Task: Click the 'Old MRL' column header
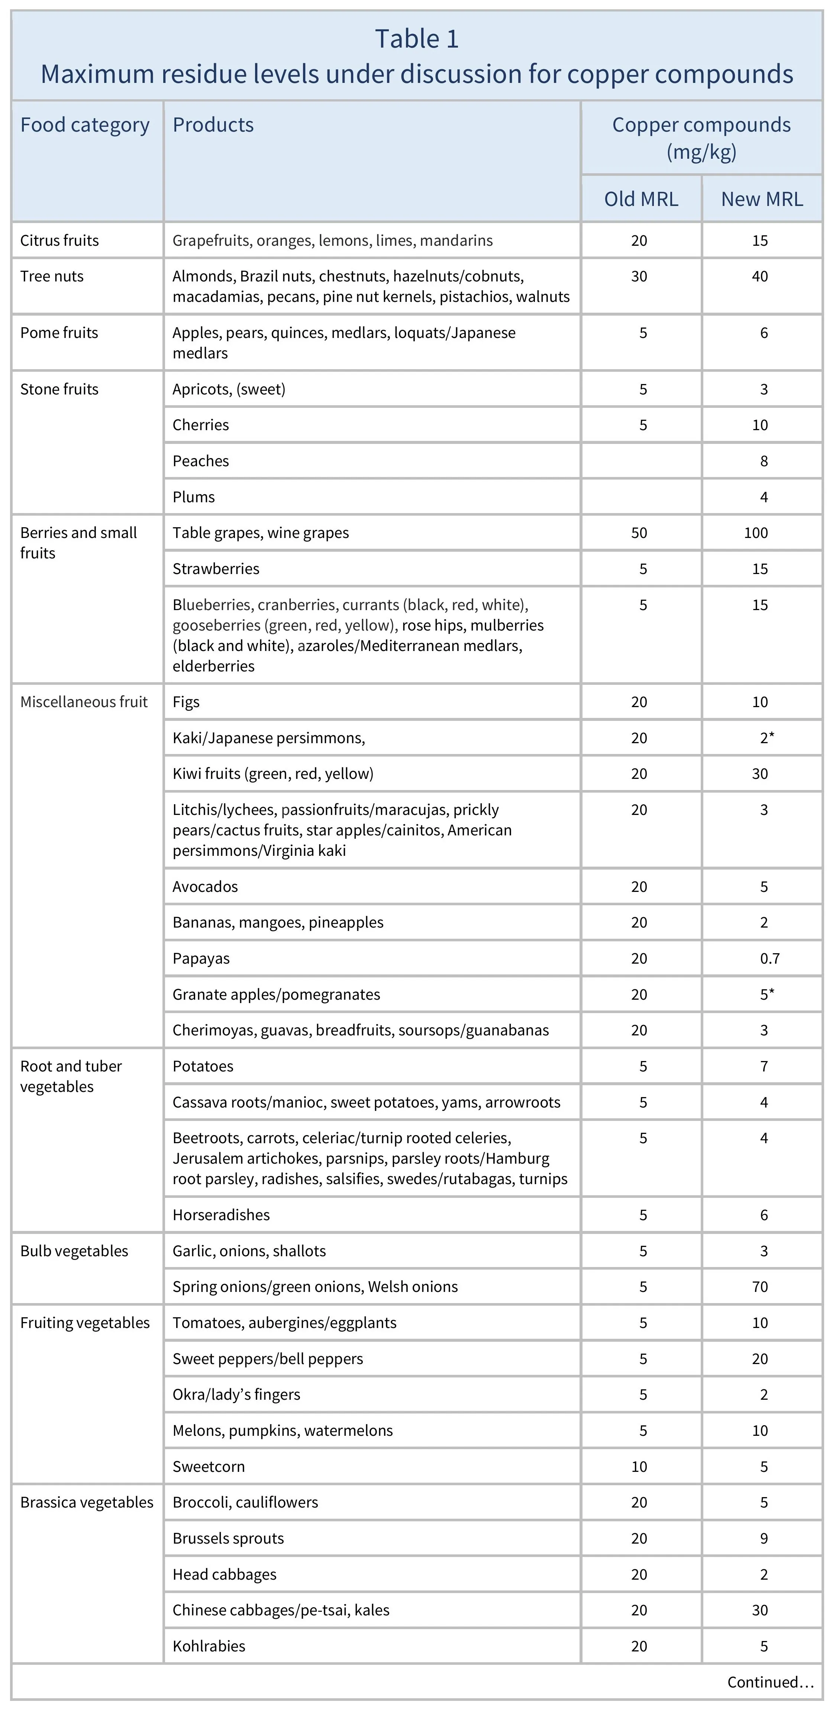640,199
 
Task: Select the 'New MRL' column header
762,199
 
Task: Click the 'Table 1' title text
417,39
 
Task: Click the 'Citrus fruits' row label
59,240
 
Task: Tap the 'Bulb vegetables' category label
74,1251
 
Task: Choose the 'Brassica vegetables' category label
87,1503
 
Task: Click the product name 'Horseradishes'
221,1215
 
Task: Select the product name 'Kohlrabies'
209,1647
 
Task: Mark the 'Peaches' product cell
200,461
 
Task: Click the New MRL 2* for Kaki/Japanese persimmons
767,738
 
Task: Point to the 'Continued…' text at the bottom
770,1682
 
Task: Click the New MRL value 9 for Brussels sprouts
764,1538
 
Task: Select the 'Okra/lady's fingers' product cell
236,1395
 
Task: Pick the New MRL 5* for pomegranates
767,994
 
